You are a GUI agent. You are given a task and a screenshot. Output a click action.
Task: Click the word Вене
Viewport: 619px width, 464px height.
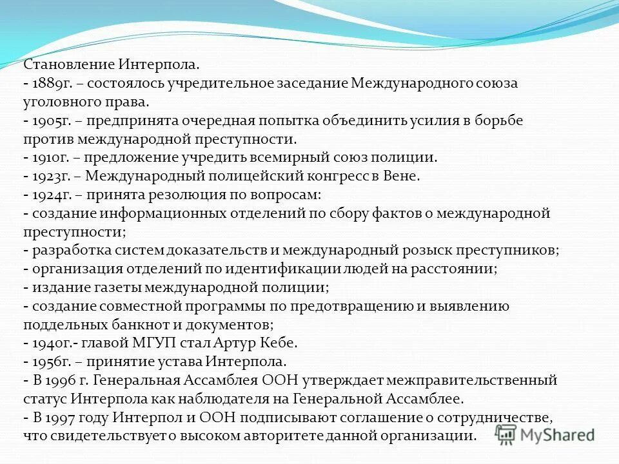coord(404,176)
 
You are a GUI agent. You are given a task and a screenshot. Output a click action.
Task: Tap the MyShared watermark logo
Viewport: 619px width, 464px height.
coord(545,434)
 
